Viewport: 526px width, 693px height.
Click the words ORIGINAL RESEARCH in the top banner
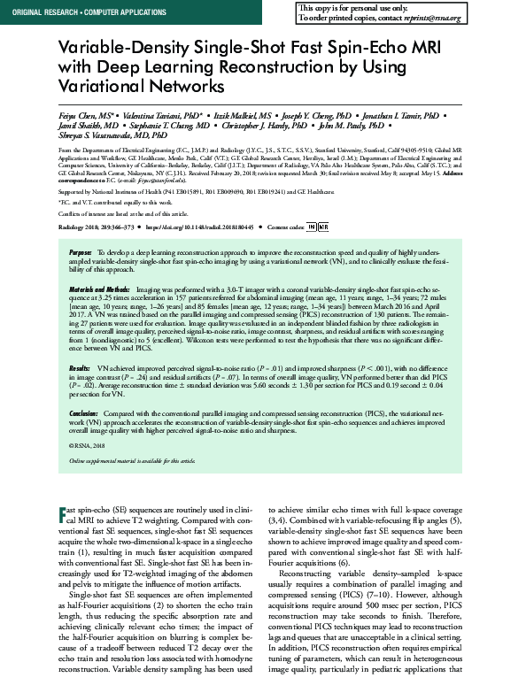[33, 9]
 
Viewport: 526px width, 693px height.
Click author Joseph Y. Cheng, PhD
[321, 116]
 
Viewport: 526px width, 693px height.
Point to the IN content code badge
[311, 227]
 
